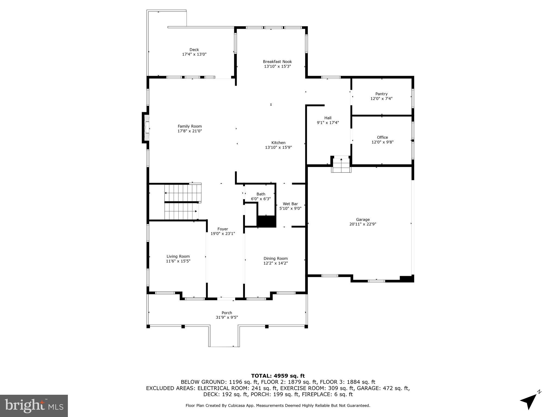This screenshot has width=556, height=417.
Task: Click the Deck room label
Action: coord(194,50)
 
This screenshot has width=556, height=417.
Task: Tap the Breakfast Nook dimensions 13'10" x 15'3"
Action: coord(277,66)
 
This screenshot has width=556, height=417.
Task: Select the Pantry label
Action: coord(381,94)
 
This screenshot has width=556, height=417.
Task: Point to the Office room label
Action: coord(382,137)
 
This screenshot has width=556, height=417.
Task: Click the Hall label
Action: coord(328,118)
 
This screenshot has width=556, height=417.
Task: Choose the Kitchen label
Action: coord(278,143)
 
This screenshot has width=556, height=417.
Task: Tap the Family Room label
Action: coord(189,126)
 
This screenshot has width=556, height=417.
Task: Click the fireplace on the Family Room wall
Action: coord(146,128)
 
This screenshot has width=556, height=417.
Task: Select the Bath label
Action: coord(261,194)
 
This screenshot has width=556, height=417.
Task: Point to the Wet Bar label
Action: coord(290,204)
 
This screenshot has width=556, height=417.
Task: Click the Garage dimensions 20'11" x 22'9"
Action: coord(363,224)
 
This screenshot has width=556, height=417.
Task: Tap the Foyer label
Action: coord(223,229)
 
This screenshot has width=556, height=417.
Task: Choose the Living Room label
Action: coord(178,256)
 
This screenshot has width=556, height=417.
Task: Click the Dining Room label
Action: coord(276,258)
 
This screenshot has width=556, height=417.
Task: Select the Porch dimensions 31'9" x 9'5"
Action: coord(227,317)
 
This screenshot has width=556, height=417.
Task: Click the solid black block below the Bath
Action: coord(266,222)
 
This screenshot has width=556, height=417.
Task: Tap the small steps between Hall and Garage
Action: coord(341,165)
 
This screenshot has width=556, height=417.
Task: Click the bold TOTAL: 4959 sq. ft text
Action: coord(278,376)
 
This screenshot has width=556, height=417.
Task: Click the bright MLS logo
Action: coord(34,406)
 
